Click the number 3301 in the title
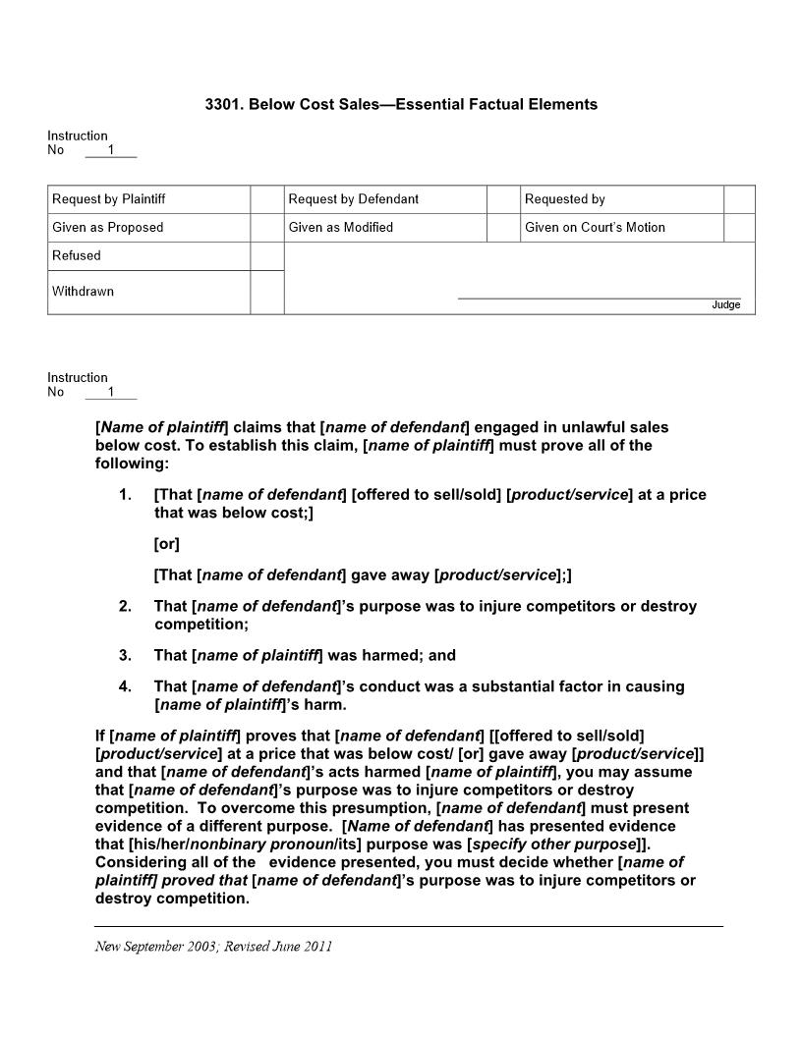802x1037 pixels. click(x=221, y=104)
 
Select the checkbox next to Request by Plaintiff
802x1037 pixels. click(x=266, y=199)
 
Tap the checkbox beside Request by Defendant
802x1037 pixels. click(x=503, y=199)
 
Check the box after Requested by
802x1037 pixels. click(x=739, y=199)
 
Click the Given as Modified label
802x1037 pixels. click(x=340, y=228)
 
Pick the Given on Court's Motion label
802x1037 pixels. click(x=595, y=228)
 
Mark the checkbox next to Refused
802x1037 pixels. click(x=266, y=256)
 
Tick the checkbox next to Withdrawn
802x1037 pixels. click(x=266, y=293)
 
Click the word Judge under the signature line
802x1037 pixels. click(x=725, y=305)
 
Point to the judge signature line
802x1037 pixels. click(x=599, y=297)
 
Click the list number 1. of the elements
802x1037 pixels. click(x=125, y=495)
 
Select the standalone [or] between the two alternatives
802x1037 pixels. click(x=167, y=544)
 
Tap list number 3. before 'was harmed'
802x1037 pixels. click(x=125, y=655)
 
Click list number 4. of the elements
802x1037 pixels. click(x=125, y=686)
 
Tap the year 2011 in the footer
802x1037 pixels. click(x=316, y=947)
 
